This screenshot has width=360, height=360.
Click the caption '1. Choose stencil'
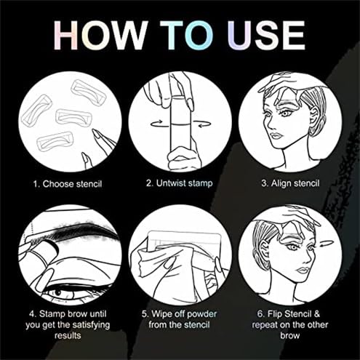[x=66, y=183]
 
